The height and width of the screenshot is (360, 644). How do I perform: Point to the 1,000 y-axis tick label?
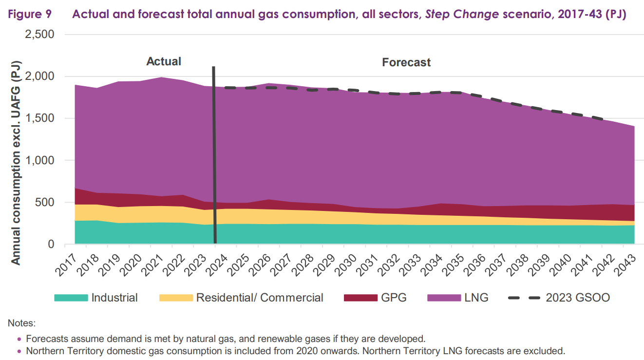pyautogui.click(x=40, y=161)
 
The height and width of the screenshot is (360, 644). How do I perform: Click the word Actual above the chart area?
pyautogui.click(x=164, y=61)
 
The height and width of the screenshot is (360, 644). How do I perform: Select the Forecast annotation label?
pyautogui.click(x=406, y=62)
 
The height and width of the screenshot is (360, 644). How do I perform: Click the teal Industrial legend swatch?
pyautogui.click(x=71, y=298)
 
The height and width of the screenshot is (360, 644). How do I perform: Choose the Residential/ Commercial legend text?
pyautogui.click(x=259, y=298)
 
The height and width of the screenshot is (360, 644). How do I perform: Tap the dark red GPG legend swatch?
pyautogui.click(x=360, y=298)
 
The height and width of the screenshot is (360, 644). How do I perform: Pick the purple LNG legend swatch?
pyautogui.click(x=443, y=298)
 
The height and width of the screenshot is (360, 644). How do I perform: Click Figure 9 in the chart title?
pyautogui.click(x=31, y=14)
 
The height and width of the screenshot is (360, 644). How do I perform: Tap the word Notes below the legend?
pyautogui.click(x=21, y=323)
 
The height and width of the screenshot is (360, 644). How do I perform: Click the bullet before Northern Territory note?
pyautogui.click(x=19, y=351)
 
